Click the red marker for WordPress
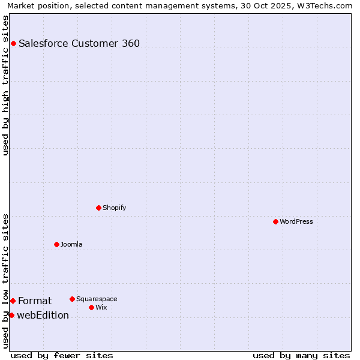[275, 221]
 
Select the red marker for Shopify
[98, 208]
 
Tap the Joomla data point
[56, 244]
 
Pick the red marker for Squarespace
[72, 299]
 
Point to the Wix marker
[91, 307]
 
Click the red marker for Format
[13, 301]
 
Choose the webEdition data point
[11, 315]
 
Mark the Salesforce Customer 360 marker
[13, 43]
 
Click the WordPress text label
[296, 221]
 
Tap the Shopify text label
[114, 208]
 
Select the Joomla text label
[71, 244]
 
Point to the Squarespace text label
[97, 299]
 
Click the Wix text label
[101, 307]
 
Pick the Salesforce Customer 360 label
[79, 43]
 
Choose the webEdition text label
[43, 315]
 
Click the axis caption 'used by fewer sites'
[62, 355]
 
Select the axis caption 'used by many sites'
[301, 355]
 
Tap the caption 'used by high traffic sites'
[5, 85]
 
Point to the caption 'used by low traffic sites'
[5, 280]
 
